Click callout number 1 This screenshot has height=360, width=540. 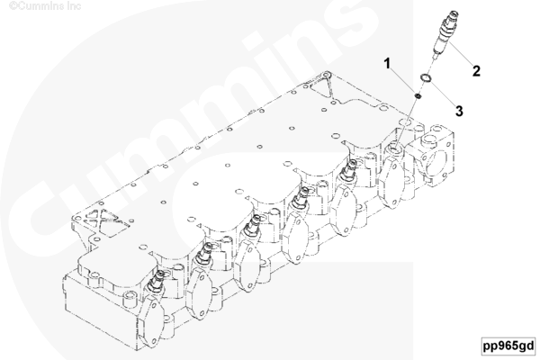pyautogui.click(x=388, y=64)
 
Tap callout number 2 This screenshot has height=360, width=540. pyautogui.click(x=476, y=71)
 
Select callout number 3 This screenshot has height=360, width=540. pyautogui.click(x=459, y=112)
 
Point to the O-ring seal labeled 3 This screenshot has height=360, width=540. pyautogui.click(x=425, y=78)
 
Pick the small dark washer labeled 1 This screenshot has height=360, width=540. pyautogui.click(x=417, y=95)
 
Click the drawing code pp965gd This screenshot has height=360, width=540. pyautogui.click(x=508, y=346)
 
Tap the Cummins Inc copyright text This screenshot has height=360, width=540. pyautogui.click(x=45, y=6)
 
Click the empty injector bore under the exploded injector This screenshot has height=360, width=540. pyautogui.click(x=395, y=149)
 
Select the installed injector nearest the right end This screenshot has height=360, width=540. pyautogui.click(x=347, y=170)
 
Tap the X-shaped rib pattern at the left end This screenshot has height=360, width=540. pyautogui.click(x=103, y=220)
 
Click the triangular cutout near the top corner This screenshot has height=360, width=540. pyautogui.click(x=322, y=87)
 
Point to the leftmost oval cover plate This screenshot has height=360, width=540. pyautogui.click(x=152, y=322)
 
